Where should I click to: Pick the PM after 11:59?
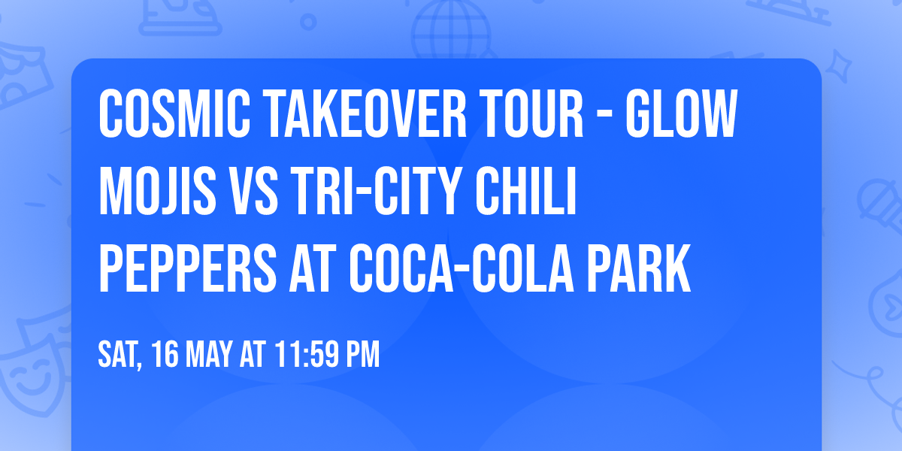362,355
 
